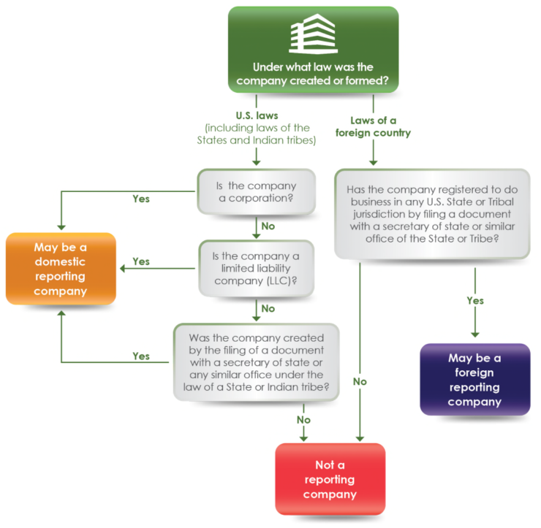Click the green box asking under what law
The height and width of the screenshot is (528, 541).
(x=313, y=50)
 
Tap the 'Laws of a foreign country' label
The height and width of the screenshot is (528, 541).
(x=373, y=126)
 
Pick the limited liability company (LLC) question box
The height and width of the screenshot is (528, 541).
(x=257, y=267)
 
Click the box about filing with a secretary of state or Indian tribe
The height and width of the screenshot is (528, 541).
(x=256, y=362)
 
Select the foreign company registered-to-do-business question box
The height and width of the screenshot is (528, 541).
(x=431, y=213)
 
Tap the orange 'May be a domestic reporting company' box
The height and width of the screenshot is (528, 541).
(x=61, y=269)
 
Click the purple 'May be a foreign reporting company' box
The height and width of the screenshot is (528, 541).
(x=475, y=380)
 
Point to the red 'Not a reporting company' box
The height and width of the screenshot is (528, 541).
(x=330, y=479)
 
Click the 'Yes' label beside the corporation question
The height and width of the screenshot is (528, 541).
(x=142, y=198)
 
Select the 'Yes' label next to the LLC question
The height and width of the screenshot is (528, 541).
(x=142, y=261)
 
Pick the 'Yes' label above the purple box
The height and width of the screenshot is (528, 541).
(x=475, y=301)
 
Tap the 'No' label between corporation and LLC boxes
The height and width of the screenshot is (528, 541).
(x=268, y=226)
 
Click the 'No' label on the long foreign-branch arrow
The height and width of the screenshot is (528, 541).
(x=360, y=381)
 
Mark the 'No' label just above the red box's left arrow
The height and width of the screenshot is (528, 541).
(x=303, y=420)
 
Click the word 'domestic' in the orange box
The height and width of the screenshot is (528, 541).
(x=61, y=261)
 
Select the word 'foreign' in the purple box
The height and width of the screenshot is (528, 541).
(x=475, y=372)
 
